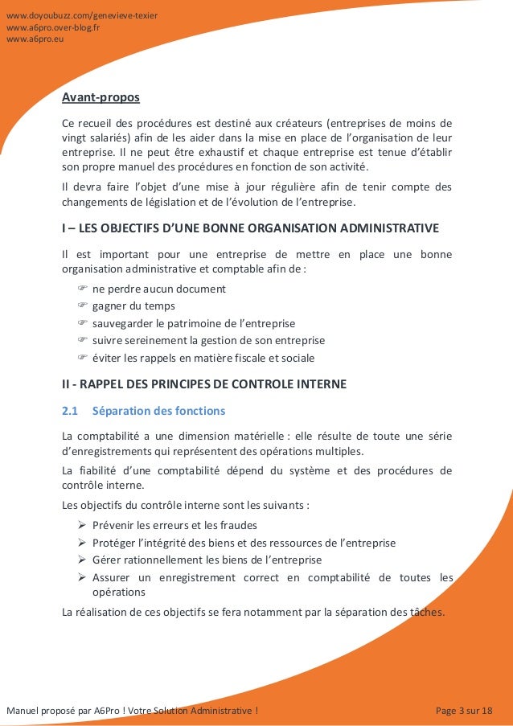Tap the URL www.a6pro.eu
tap(35, 38)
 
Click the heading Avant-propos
tap(101, 98)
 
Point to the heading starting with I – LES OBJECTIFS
tap(250, 228)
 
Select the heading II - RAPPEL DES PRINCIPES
tap(204, 384)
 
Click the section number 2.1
tap(70, 411)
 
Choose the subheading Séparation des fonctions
tap(158, 411)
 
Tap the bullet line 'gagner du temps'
tap(133, 306)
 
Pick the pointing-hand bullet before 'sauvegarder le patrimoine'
tap(82, 323)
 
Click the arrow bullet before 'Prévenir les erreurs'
tap(82, 525)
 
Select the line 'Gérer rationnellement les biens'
tap(207, 560)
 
